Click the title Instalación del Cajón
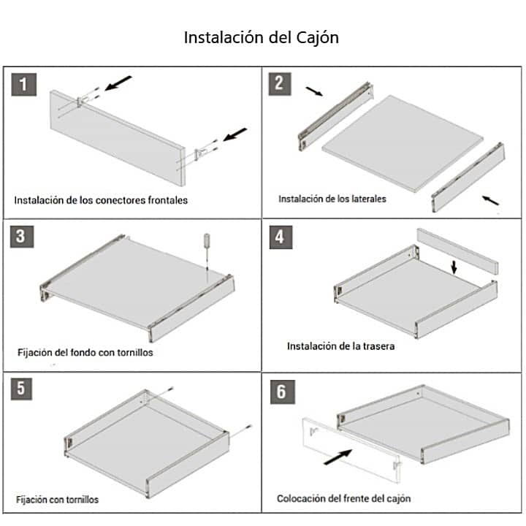click(x=262, y=37)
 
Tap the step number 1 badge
click(x=24, y=85)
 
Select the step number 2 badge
click(x=280, y=84)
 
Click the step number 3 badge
click(x=22, y=237)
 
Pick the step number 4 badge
click(x=281, y=237)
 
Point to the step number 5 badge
click(x=21, y=389)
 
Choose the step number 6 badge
click(x=283, y=392)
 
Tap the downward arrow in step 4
click(x=454, y=267)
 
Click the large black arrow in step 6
click(x=338, y=457)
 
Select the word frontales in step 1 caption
click(x=168, y=200)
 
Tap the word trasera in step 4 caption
click(x=378, y=346)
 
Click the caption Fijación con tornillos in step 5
click(x=58, y=500)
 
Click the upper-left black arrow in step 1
click(x=118, y=83)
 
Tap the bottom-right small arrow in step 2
click(x=490, y=200)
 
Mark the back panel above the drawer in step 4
click(x=457, y=251)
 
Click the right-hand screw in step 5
click(x=240, y=432)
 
